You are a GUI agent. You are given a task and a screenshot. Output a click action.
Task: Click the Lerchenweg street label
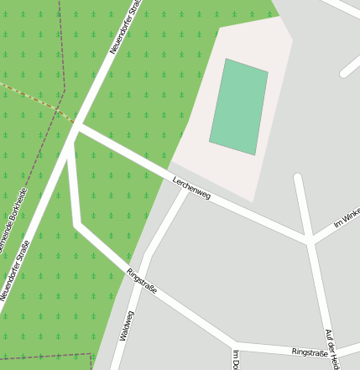tap(191, 189)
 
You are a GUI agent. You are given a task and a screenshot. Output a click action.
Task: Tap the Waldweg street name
tap(127, 326)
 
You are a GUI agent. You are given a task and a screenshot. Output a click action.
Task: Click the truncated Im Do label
tap(237, 359)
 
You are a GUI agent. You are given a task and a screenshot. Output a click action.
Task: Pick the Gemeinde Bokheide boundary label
tap(12, 221)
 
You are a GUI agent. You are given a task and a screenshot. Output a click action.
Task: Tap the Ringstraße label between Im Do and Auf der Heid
tap(310, 352)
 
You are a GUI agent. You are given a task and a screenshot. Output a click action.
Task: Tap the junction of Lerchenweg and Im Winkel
tap(310, 242)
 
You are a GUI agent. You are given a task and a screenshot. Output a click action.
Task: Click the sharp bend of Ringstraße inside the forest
tap(76, 224)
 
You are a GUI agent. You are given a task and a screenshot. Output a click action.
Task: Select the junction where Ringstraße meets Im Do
tap(235, 342)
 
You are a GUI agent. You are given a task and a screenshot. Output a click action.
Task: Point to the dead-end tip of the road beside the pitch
tap(298, 178)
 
